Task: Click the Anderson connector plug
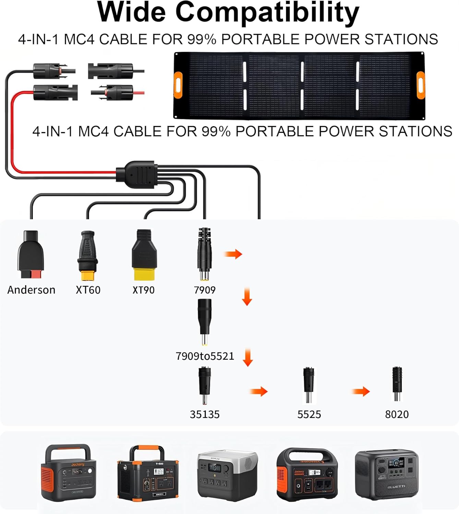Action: (31, 255)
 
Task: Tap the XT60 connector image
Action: (88, 255)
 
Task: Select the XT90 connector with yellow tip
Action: (144, 255)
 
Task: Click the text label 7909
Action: (205, 290)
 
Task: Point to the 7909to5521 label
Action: (205, 356)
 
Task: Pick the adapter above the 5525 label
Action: (309, 384)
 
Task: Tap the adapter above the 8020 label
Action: (397, 384)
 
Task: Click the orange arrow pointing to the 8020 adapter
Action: (361, 391)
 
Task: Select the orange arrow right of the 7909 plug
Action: (233, 254)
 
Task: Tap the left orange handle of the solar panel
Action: (178, 85)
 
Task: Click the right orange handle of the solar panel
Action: (420, 85)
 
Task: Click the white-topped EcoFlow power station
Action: (227, 475)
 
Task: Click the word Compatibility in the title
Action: (267, 12)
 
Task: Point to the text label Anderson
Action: (31, 290)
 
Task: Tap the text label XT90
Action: (144, 290)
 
